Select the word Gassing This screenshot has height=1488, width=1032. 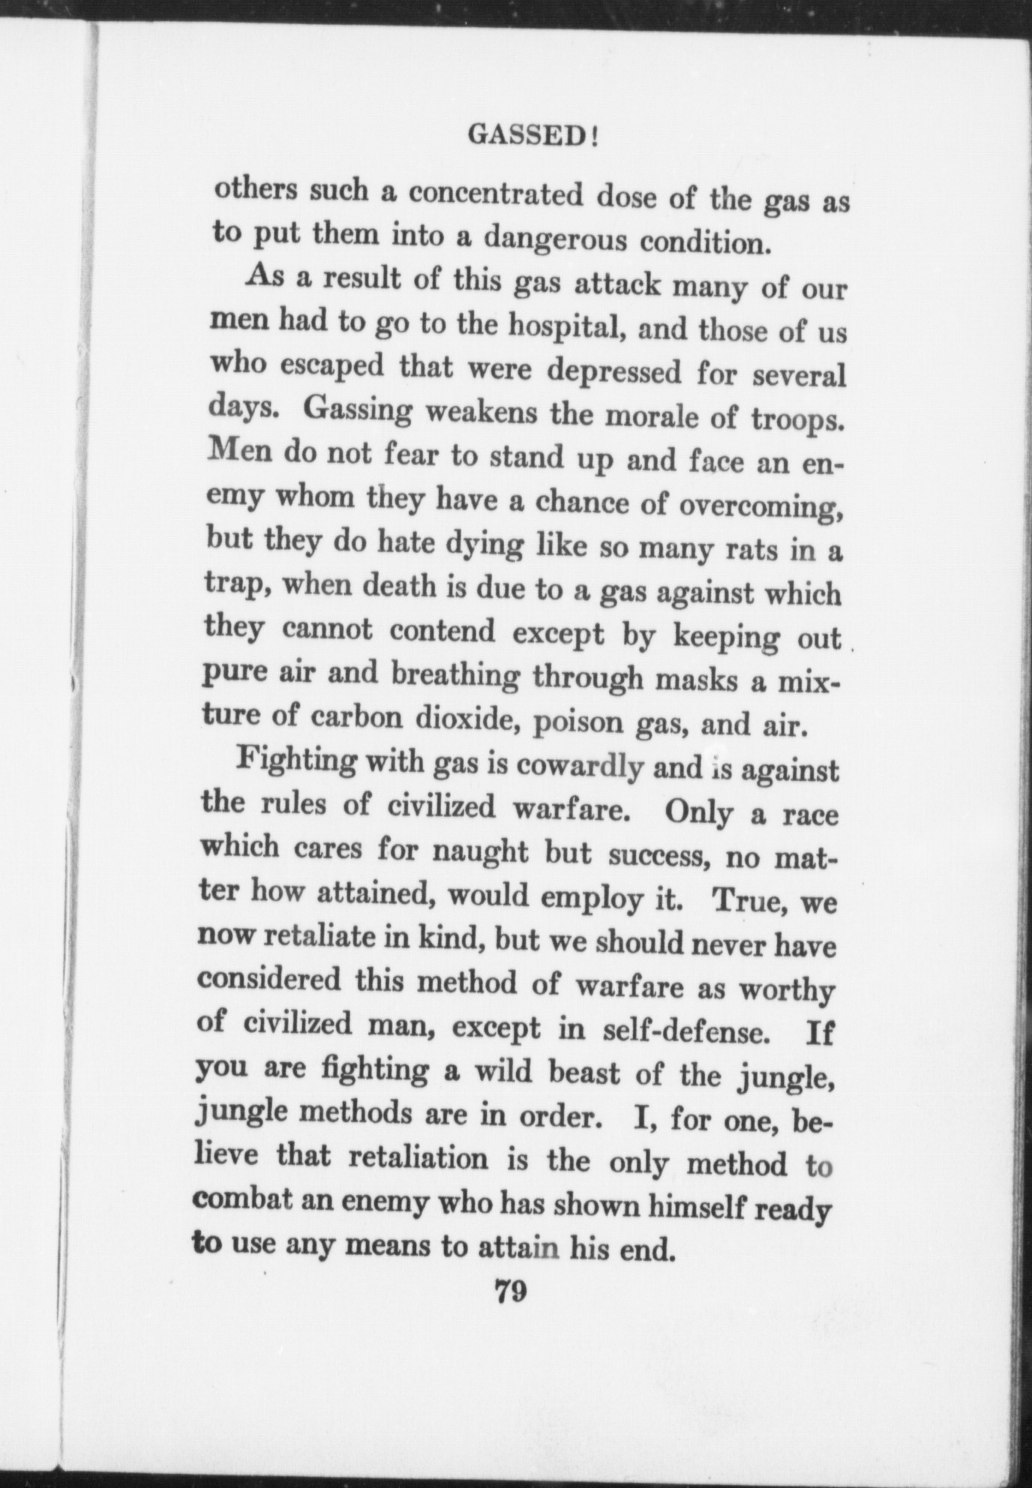(x=359, y=413)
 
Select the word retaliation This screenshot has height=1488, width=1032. (x=418, y=1159)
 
